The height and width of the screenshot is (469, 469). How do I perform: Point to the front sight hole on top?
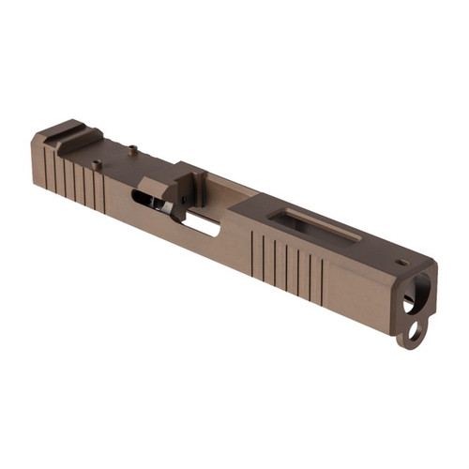pyautogui.click(x=401, y=262)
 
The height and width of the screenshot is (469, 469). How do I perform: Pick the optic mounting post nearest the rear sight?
pyautogui.click(x=97, y=165)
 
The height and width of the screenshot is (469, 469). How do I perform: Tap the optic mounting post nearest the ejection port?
pyautogui.click(x=133, y=147)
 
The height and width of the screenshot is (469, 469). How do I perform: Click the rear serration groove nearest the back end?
pyautogui.click(x=44, y=165)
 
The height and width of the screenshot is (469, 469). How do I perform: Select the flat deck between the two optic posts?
pyautogui.click(x=114, y=155)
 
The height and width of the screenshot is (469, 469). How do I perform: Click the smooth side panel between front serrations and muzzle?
pyautogui.click(x=361, y=295)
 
